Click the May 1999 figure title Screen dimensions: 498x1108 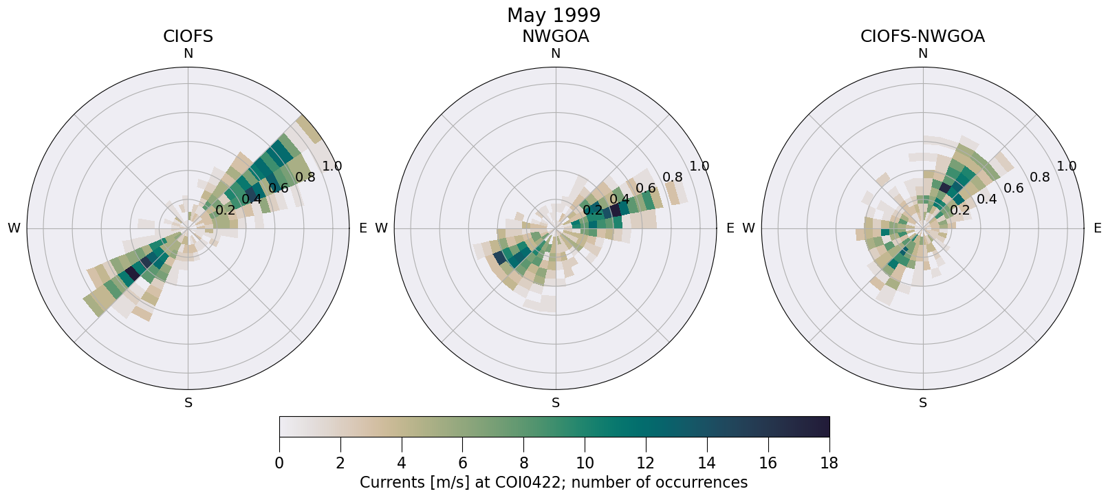554,15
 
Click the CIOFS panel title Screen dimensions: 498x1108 188,36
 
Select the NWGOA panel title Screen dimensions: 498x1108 555,36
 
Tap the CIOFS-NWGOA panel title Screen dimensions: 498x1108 922,36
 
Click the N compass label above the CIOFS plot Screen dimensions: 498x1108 188,54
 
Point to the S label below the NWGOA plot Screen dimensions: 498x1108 556,403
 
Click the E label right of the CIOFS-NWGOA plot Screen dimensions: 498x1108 1097,228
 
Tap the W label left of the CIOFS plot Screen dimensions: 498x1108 14,228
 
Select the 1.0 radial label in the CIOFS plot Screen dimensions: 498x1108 332,166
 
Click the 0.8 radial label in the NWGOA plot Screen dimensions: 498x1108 673,177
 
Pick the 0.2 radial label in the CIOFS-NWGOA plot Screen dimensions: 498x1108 959,210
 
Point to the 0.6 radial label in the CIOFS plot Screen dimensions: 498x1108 279,188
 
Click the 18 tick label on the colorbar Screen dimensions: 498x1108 829,463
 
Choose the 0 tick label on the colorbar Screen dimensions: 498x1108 279,463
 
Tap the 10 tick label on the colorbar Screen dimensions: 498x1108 585,463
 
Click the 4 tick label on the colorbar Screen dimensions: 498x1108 402,463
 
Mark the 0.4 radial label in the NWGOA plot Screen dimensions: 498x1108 619,199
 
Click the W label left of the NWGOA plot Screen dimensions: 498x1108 381,228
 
